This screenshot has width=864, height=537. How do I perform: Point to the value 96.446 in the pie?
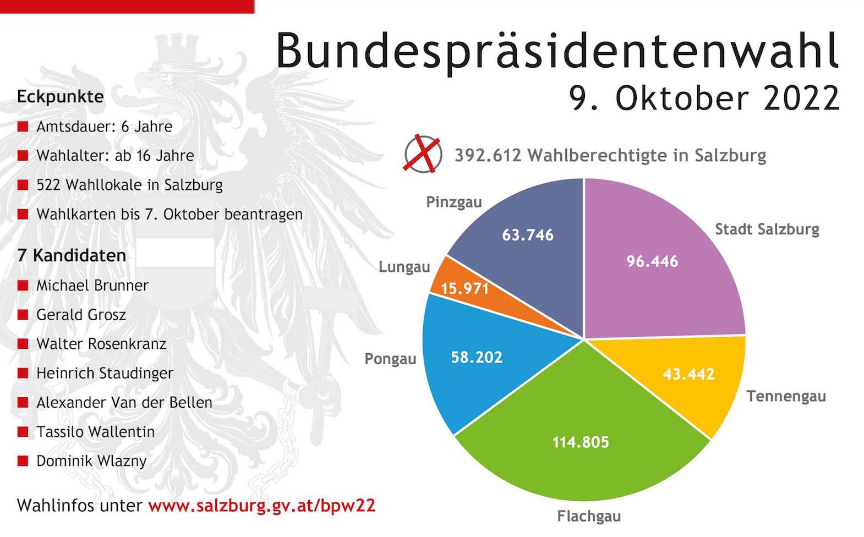[652, 261]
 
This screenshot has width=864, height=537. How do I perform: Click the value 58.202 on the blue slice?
[477, 357]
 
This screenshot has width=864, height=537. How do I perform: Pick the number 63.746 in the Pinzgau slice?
[527, 235]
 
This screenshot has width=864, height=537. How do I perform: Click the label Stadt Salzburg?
[767, 229]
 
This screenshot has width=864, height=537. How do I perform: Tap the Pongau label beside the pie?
[390, 359]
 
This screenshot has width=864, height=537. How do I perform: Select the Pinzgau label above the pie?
[453, 202]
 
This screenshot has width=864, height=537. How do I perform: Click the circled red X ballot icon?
[423, 154]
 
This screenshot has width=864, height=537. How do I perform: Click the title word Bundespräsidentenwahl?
[557, 51]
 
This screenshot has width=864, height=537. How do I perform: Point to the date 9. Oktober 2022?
[704, 98]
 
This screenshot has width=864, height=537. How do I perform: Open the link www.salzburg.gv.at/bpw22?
[262, 505]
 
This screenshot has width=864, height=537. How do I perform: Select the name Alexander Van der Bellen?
[124, 402]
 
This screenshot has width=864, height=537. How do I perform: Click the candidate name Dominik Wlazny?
[91, 461]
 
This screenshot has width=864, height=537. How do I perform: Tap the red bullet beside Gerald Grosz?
[23, 315]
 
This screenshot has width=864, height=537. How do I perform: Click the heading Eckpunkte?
[61, 96]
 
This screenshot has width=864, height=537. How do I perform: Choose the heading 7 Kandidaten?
[72, 255]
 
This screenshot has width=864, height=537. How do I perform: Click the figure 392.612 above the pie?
[488, 155]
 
